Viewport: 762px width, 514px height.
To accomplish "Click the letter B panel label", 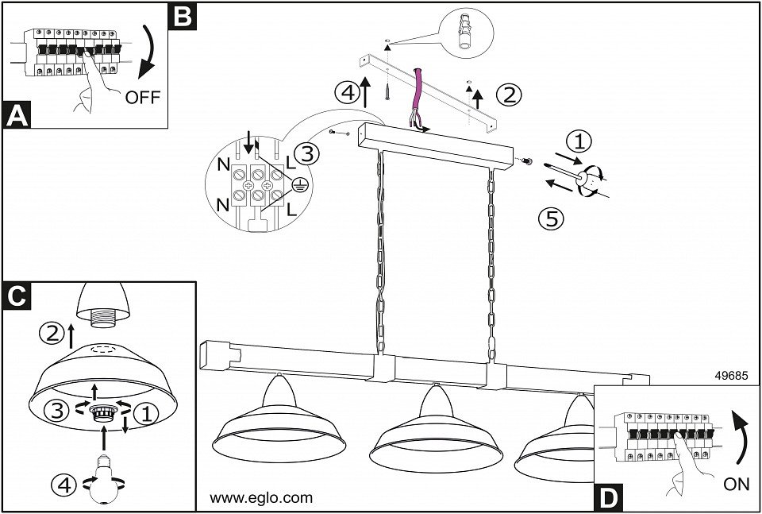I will click(x=182, y=14).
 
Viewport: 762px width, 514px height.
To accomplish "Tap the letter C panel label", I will click(x=17, y=296).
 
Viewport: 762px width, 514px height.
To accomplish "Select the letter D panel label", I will click(x=608, y=497).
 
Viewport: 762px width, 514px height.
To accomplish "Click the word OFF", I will click(x=142, y=98).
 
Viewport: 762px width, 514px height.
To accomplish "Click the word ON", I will click(x=736, y=482).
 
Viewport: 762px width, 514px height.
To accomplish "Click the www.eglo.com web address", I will click(x=261, y=499).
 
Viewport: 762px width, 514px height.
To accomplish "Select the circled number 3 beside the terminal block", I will click(x=308, y=153).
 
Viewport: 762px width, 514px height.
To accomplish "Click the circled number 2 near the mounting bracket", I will click(x=509, y=95).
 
